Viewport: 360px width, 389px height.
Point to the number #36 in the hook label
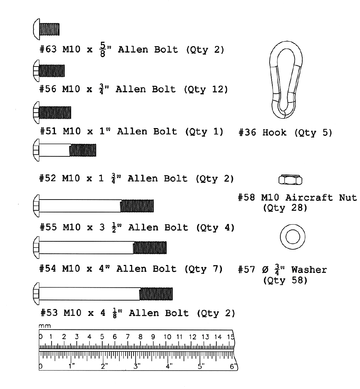249,133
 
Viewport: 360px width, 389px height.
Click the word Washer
309,270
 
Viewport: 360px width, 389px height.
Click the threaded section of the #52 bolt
83,150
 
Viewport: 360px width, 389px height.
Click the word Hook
274,133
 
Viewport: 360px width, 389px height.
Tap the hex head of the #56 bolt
35,70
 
